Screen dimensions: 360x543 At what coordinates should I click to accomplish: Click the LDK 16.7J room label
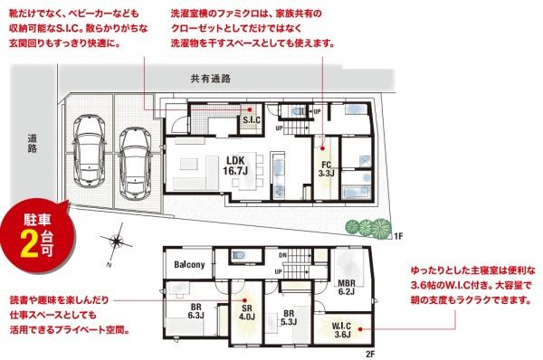(x=235, y=165)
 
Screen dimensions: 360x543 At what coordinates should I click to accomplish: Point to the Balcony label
(x=188, y=264)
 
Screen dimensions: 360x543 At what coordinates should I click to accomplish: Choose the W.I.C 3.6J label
(x=341, y=328)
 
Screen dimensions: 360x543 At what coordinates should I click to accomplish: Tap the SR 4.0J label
(x=245, y=312)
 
